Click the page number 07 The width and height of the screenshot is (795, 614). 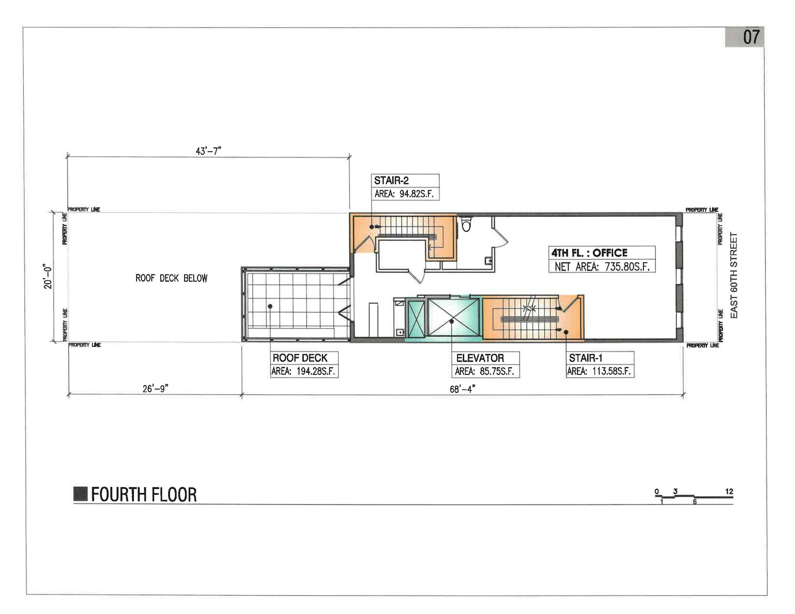tap(751, 37)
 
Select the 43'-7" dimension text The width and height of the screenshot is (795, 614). tap(208, 151)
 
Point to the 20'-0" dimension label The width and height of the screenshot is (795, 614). tap(48, 276)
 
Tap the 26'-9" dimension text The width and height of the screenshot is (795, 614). tap(155, 389)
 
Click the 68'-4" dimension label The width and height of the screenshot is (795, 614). tap(462, 389)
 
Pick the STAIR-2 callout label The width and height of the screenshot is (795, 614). tap(391, 181)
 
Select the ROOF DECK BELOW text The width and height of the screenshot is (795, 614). tap(171, 278)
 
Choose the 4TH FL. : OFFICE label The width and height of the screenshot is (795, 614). tap(589, 253)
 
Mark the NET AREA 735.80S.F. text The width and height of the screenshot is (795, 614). tap(602, 266)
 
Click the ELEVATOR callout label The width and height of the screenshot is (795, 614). tap(480, 358)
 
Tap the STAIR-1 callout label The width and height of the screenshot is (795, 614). tap(586, 358)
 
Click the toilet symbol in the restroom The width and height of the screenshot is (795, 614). tap(466, 224)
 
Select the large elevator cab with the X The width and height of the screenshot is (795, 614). tap(453, 318)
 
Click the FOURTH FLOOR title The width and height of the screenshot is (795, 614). tap(144, 495)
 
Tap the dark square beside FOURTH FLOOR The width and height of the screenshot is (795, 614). tap(81, 494)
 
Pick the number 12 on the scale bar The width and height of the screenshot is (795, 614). tap(729, 492)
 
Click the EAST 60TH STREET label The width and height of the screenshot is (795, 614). tap(734, 275)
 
